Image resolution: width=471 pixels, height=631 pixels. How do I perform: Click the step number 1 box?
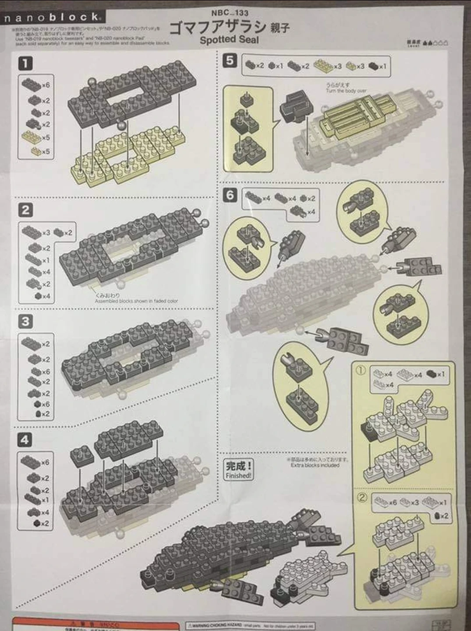[25, 63]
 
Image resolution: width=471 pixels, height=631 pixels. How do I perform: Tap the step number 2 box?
[25, 210]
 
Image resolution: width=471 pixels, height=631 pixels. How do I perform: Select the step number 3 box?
[25, 322]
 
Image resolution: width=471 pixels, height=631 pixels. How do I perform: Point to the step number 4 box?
[25, 440]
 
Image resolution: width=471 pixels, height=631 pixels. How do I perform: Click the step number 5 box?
[230, 60]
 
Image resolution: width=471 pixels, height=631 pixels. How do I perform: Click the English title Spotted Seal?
[229, 39]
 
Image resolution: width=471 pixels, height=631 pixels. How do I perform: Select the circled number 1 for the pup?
[360, 370]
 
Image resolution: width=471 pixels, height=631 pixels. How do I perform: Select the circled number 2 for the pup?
[362, 498]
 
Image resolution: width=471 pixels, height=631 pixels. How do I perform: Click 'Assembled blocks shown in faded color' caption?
[136, 301]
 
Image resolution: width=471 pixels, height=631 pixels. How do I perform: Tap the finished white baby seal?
[307, 574]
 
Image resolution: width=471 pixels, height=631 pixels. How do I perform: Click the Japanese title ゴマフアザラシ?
[217, 27]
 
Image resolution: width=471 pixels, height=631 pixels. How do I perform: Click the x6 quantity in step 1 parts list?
[46, 85]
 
